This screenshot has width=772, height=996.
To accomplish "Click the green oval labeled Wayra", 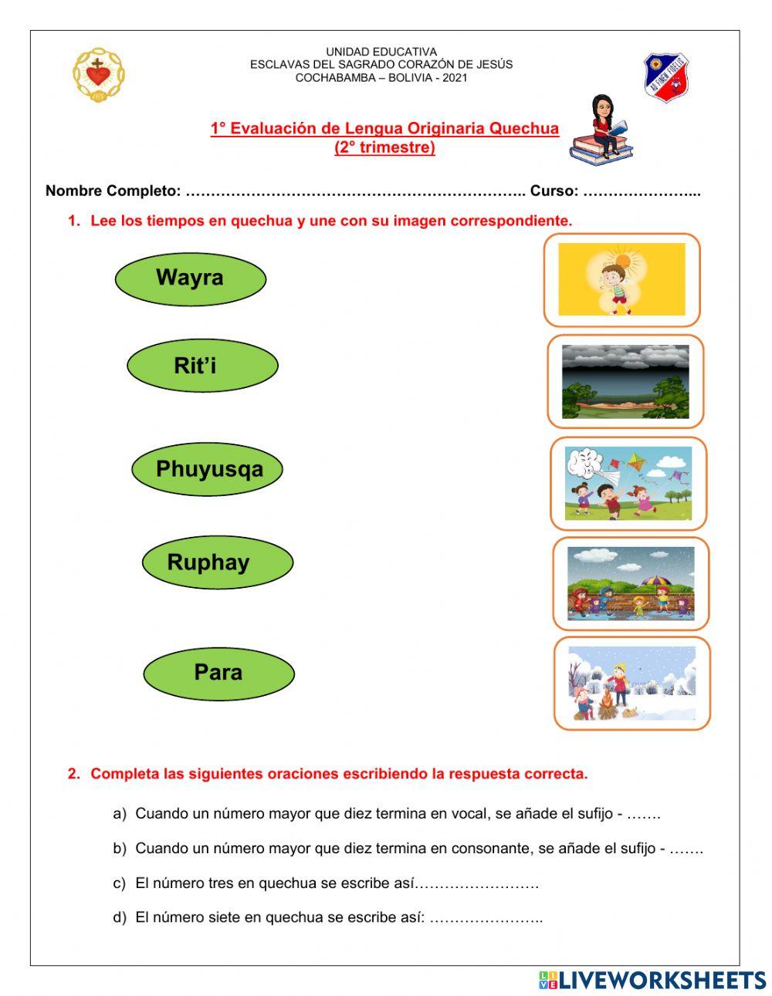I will [190, 279].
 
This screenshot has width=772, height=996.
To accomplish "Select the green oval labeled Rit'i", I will [202, 366].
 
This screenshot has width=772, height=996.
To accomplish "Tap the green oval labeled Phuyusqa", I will [208, 469].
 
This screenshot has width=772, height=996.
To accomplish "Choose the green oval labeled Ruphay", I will [217, 562].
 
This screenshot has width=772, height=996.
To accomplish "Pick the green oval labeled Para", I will [218, 673].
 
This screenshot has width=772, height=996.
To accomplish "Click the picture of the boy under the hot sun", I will [621, 279].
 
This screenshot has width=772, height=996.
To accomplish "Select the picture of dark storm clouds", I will [625, 381].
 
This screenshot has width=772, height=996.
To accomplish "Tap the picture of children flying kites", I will [628, 483].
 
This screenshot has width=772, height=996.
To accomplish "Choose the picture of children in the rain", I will [631, 583].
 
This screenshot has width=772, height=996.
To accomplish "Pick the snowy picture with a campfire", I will [631, 684].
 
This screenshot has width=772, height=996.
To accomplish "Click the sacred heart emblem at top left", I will [98, 74].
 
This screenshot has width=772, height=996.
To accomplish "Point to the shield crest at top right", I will [666, 77].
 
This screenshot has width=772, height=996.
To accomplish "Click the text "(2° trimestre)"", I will [384, 147].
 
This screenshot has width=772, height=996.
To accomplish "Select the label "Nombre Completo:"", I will [113, 191].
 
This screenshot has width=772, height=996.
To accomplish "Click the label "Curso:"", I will [554, 191].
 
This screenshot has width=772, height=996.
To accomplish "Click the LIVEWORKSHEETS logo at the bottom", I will [652, 980].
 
